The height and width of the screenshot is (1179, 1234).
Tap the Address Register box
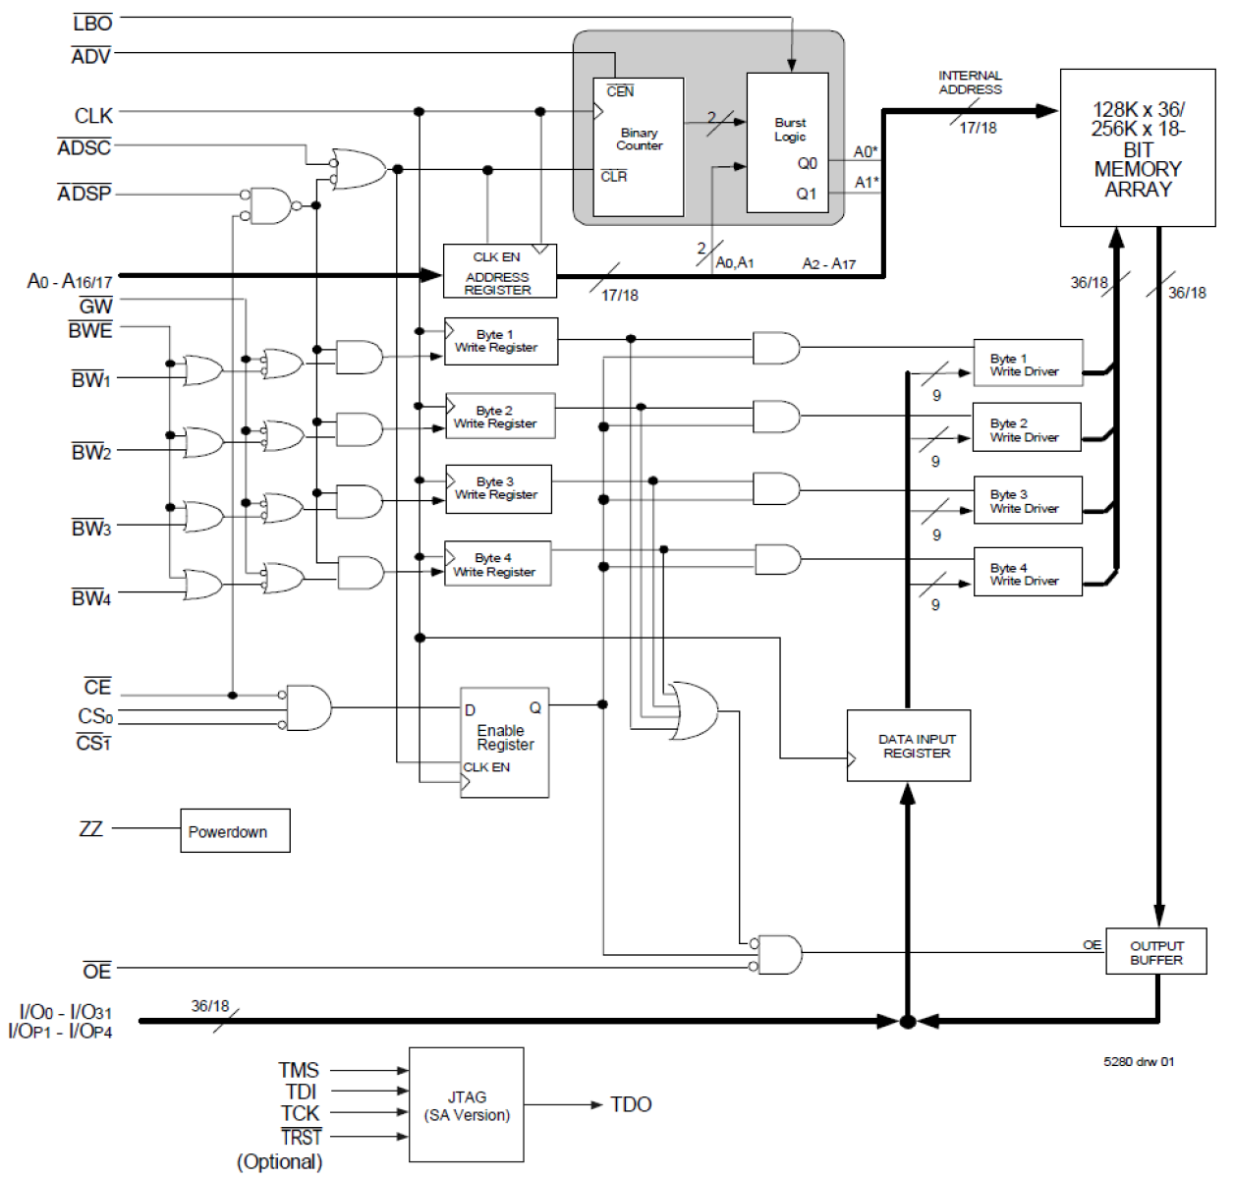pyautogui.click(x=499, y=271)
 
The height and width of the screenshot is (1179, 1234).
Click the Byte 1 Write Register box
pyautogui.click(x=500, y=341)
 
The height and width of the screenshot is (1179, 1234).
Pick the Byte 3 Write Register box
pyautogui.click(x=498, y=488)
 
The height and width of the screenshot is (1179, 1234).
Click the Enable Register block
pyautogui.click(x=504, y=742)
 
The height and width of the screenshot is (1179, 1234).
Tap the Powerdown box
pyautogui.click(x=235, y=831)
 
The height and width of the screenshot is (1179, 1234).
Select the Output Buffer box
pyautogui.click(x=1156, y=951)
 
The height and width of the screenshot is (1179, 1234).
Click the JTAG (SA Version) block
pyautogui.click(x=467, y=1105)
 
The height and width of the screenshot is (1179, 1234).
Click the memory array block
pyautogui.click(x=1138, y=148)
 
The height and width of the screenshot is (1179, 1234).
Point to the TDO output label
pyautogui.click(x=631, y=1104)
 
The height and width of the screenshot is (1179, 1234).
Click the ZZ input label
pyautogui.click(x=90, y=828)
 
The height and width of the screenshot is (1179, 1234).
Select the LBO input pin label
pyautogui.click(x=92, y=23)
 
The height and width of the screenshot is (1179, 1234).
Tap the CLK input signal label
pyautogui.click(x=93, y=116)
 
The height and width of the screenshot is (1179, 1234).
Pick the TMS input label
pyautogui.click(x=299, y=1070)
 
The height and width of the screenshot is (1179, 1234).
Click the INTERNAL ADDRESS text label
pyautogui.click(x=970, y=83)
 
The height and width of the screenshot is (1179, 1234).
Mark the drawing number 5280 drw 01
pyautogui.click(x=1139, y=1061)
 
